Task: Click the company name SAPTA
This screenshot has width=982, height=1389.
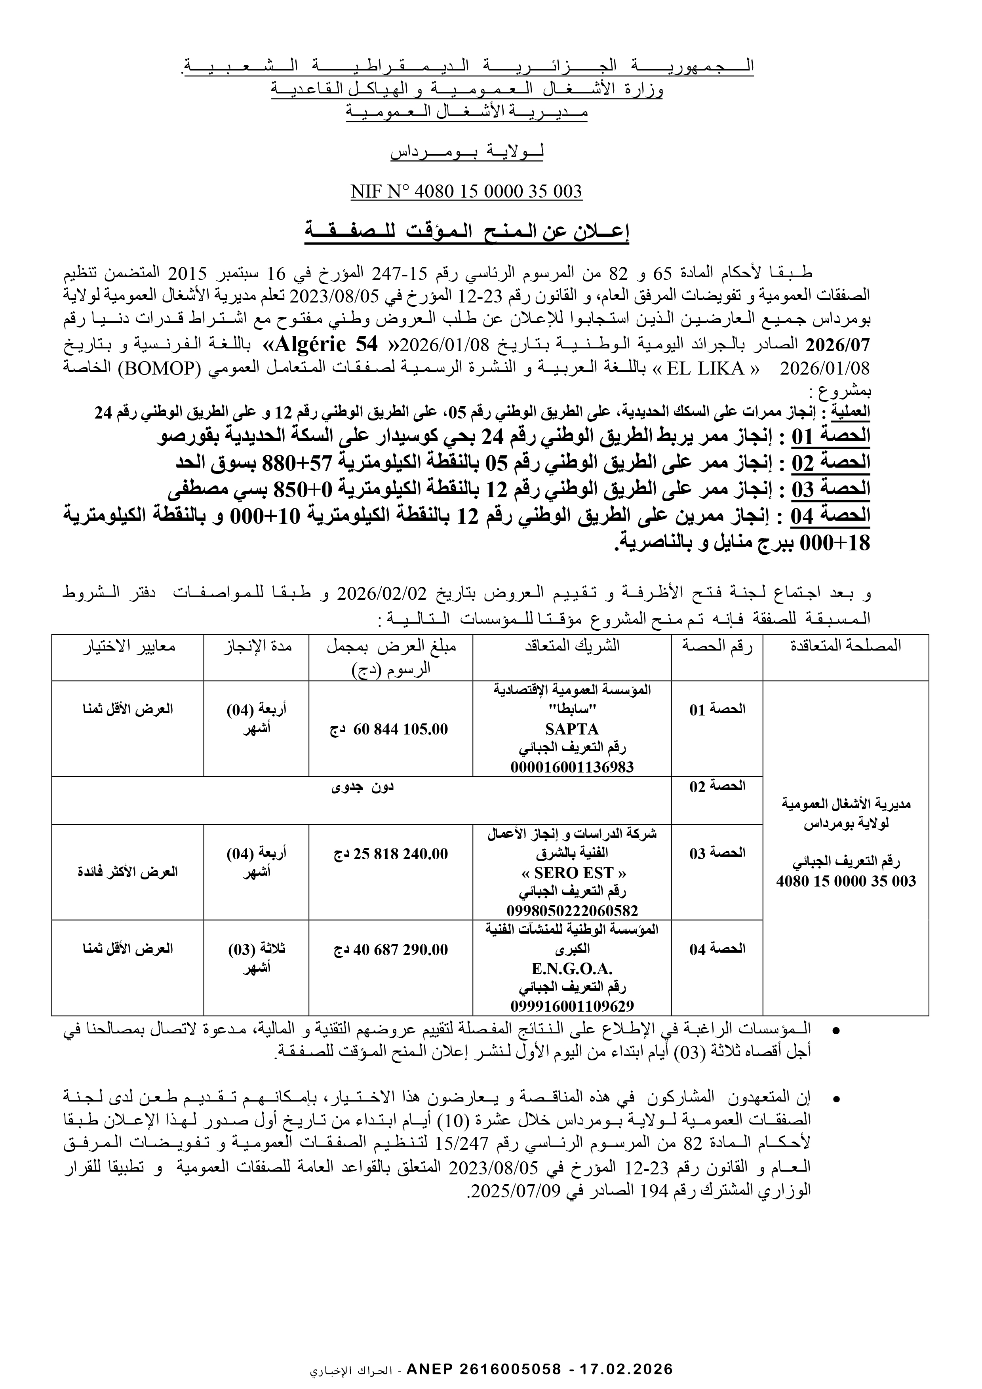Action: pyautogui.click(x=572, y=729)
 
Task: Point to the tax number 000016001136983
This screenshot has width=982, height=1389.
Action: pyautogui.click(x=572, y=767)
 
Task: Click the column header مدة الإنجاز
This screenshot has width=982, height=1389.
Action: pyautogui.click(x=256, y=646)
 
